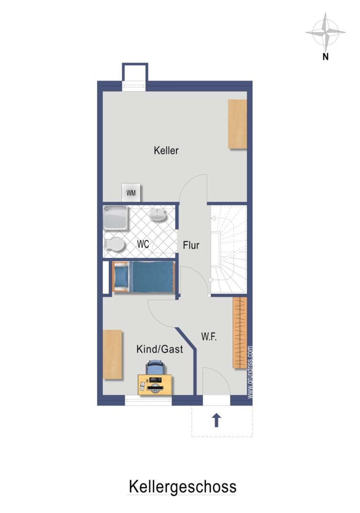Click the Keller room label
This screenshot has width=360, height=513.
[166, 151]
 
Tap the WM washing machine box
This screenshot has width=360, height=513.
[131, 192]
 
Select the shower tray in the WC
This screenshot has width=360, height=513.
[115, 217]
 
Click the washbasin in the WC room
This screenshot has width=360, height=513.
[158, 215]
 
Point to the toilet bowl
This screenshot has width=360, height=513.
[114, 245]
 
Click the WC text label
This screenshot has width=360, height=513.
[143, 244]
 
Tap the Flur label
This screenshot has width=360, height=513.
[191, 245]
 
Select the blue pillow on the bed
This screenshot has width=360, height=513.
[121, 276]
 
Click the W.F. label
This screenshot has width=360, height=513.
[209, 337]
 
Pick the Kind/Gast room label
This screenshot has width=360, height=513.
[160, 349]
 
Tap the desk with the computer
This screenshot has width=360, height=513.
[155, 385]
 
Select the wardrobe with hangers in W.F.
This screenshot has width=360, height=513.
[240, 333]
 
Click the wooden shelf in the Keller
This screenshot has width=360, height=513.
[237, 124]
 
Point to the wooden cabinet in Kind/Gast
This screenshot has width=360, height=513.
[113, 354]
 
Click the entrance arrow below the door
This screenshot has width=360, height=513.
[216, 420]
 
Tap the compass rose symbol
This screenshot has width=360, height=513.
[326, 32]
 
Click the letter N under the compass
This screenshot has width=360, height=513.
[325, 57]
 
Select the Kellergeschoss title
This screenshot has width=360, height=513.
[182, 486]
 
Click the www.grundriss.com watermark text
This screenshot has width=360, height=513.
[250, 373]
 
